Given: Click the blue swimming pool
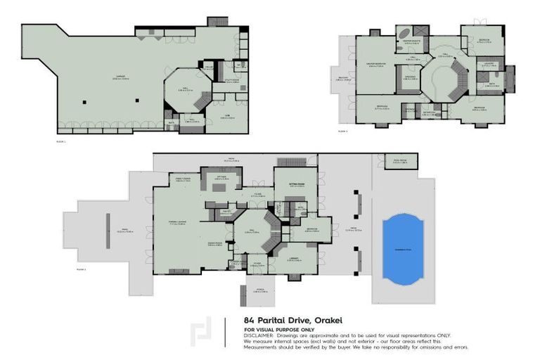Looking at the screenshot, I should pos(404,247).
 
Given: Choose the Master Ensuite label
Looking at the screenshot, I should pos(411,42).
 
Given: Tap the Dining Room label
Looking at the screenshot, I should pos(215,244).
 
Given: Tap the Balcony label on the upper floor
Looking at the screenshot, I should pos(344,79).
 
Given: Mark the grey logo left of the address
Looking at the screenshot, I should pos(202,330).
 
